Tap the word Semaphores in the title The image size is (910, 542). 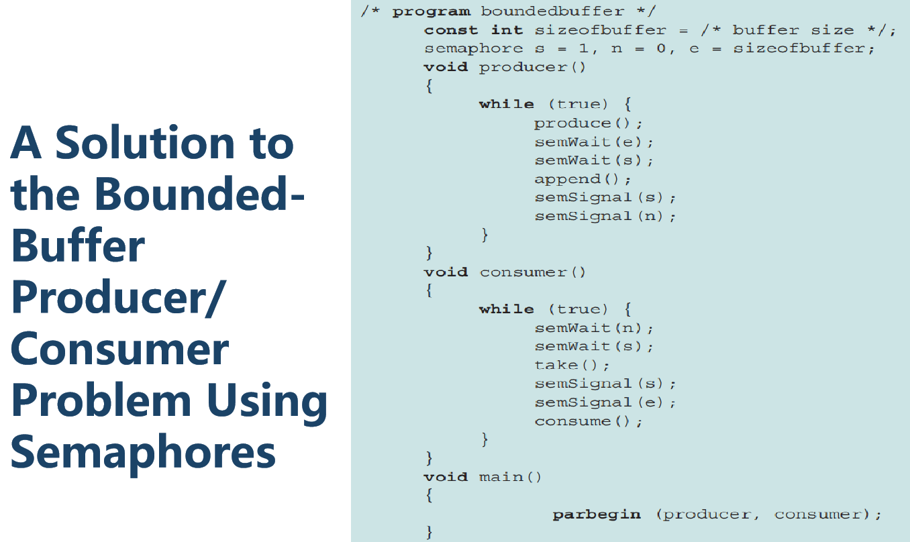(143, 451)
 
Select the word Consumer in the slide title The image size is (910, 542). (120, 349)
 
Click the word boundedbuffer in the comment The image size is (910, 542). (552, 11)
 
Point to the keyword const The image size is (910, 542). (451, 30)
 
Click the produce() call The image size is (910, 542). (588, 123)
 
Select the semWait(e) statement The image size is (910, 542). (593, 142)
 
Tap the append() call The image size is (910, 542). (583, 179)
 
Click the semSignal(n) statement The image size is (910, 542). (605, 216)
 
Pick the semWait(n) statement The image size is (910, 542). (593, 327)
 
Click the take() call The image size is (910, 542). (572, 365)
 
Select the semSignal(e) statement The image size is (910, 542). (605, 402)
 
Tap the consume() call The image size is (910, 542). (588, 421)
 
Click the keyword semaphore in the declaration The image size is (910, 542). (473, 48)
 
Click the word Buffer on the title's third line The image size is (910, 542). (78, 246)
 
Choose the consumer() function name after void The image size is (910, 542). (532, 272)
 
